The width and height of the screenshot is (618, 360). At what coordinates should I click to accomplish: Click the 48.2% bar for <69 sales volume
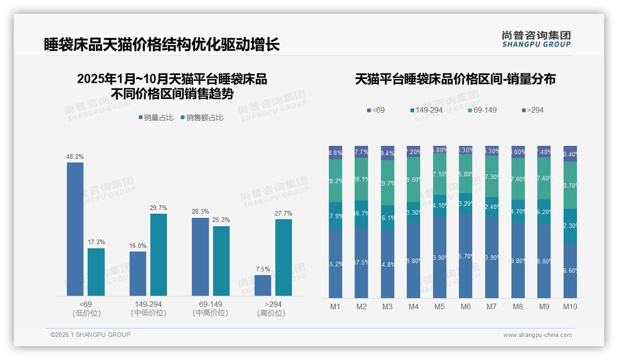[75, 229]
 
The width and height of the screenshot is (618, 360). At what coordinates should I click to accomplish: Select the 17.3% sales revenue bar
[96, 272]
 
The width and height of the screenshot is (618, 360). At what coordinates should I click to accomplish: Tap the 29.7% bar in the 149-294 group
[159, 254]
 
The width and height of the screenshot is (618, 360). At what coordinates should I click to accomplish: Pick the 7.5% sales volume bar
[263, 285]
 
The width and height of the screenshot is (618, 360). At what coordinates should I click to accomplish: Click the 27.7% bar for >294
[284, 257]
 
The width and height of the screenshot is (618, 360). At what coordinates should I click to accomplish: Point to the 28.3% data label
[200, 212]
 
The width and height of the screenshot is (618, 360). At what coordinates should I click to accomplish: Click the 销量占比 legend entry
[156, 118]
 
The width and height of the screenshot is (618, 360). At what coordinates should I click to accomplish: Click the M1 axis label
[335, 306]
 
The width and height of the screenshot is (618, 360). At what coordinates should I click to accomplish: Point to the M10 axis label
[570, 306]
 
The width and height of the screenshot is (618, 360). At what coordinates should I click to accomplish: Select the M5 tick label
[440, 306]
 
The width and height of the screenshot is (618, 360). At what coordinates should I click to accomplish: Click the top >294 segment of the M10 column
[570, 154]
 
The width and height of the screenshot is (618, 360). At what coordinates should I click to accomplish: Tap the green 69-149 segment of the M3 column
[387, 183]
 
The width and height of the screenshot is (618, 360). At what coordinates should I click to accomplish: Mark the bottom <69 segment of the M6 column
[466, 255]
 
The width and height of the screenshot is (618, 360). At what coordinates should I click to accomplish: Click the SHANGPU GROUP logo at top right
[536, 39]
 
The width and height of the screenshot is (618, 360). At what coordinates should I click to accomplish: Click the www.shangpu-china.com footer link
[537, 335]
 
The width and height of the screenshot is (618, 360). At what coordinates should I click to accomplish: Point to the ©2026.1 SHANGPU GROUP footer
[90, 335]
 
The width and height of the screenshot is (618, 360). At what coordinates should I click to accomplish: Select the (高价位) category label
[271, 313]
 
